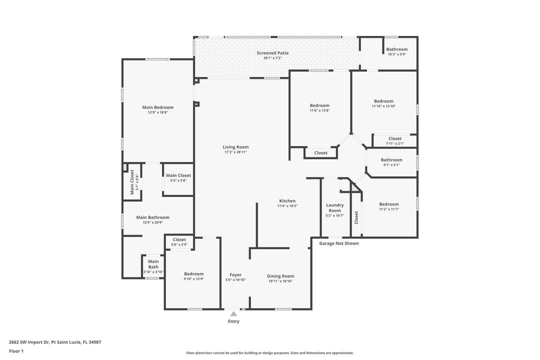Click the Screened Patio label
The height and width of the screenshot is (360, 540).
click(272, 53)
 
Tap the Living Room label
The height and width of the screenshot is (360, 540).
click(235, 147)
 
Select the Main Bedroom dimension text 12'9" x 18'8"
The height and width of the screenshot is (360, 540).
click(157, 112)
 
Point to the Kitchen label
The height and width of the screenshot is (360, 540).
click(287, 201)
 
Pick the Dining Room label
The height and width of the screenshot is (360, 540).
click(280, 276)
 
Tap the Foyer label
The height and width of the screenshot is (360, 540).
click(235, 275)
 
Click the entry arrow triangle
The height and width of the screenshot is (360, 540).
click(233, 313)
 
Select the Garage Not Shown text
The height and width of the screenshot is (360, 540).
click(339, 243)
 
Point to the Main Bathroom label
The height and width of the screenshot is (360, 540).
click(152, 217)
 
